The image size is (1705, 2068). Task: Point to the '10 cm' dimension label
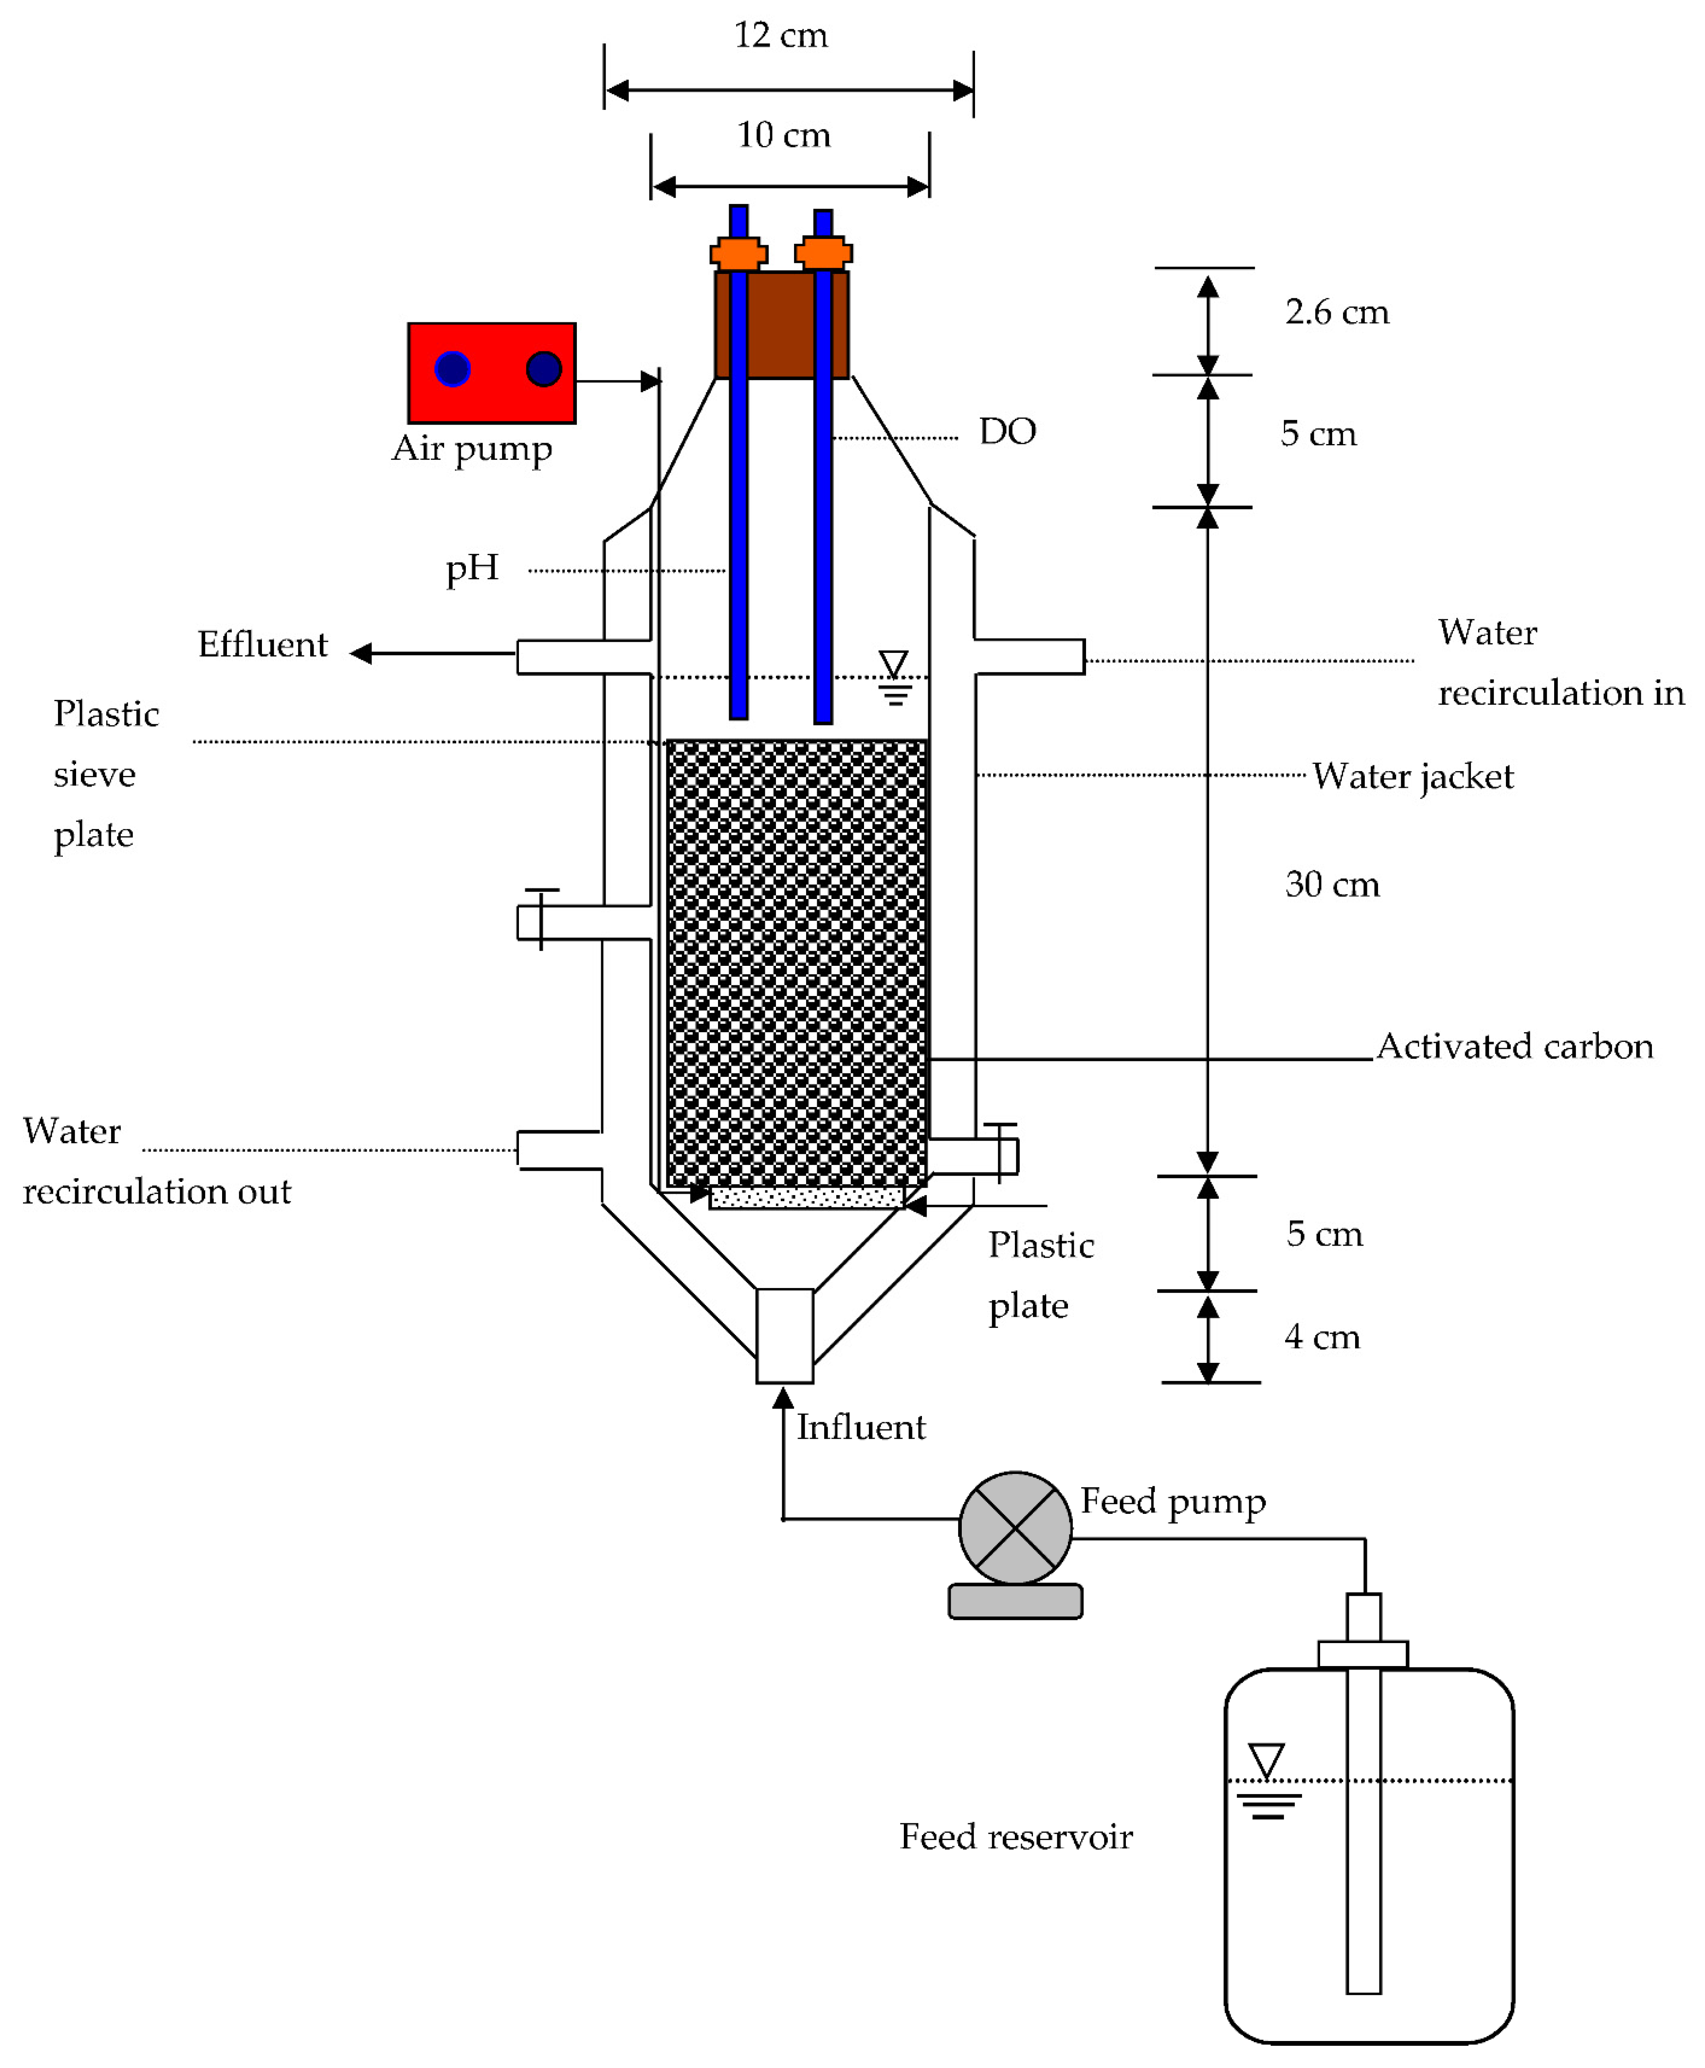[x=784, y=135]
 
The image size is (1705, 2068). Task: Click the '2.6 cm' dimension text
[x=1336, y=313]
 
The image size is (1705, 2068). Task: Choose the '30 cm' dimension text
[x=1332, y=884]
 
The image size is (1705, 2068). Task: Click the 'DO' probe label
[x=1007, y=431]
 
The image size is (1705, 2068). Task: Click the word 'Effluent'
[x=262, y=644]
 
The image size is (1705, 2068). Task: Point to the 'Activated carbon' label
[x=1514, y=1046]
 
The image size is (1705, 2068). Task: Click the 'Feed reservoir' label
[x=1016, y=1836]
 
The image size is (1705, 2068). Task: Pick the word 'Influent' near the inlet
[x=860, y=1427]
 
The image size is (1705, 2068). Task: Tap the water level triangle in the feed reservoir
[x=1266, y=1759]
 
